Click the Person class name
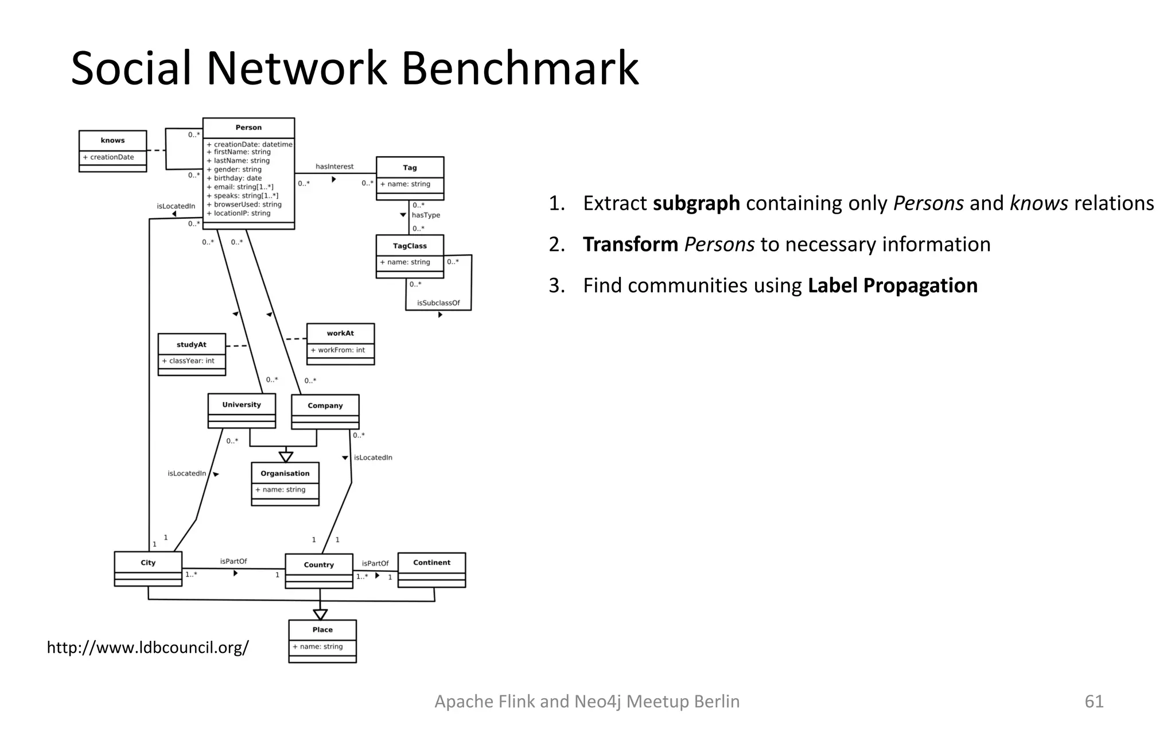(x=248, y=127)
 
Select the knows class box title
(x=112, y=140)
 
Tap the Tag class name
(x=410, y=168)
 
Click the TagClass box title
(x=410, y=246)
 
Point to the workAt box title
(x=340, y=333)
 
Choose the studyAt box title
(x=192, y=345)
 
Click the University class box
(x=242, y=410)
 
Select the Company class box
(x=325, y=411)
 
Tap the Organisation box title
(x=285, y=473)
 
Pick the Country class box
(x=319, y=570)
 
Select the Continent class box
(x=431, y=569)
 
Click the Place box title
(x=322, y=629)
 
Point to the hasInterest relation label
(x=334, y=167)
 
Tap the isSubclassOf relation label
(x=438, y=303)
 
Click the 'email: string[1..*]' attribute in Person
(x=241, y=187)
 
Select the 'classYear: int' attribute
(x=189, y=361)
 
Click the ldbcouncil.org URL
(x=148, y=647)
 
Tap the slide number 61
(x=1094, y=701)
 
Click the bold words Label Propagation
(x=892, y=285)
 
